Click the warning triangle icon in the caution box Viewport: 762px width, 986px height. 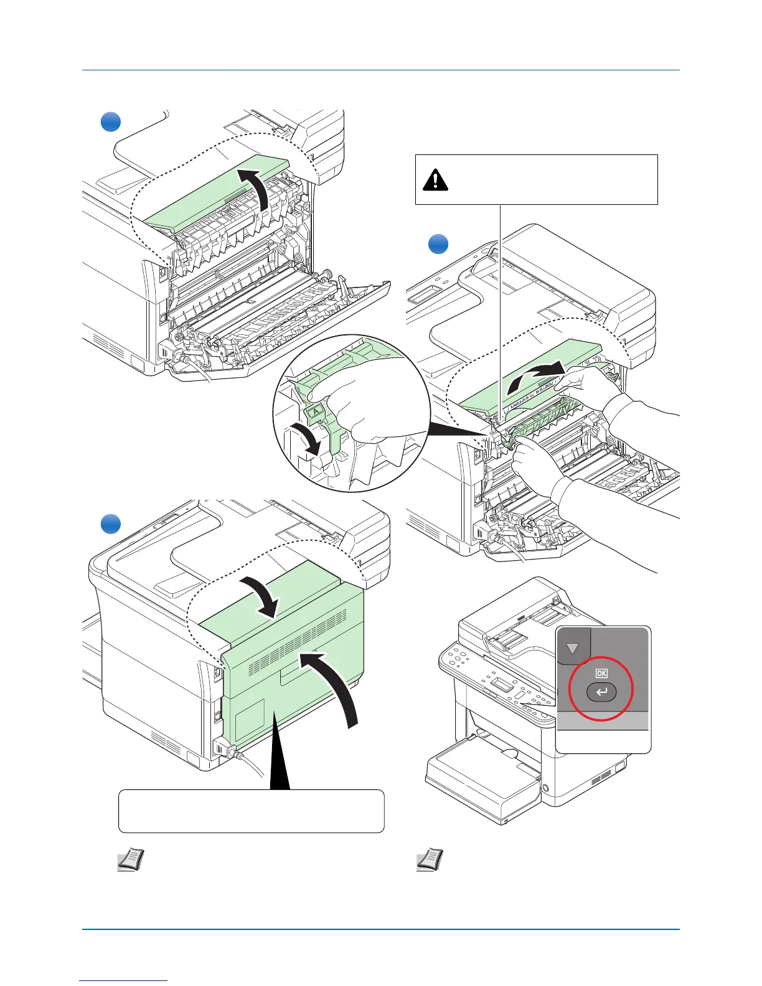pyautogui.click(x=435, y=180)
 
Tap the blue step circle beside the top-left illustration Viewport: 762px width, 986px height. pyautogui.click(x=111, y=121)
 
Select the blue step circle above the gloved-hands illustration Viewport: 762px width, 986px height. pyautogui.click(x=439, y=243)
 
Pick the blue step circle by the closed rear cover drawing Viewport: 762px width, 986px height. pyautogui.click(x=111, y=524)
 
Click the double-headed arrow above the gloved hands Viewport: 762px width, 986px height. pyautogui.click(x=535, y=377)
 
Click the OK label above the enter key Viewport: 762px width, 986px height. pyautogui.click(x=601, y=673)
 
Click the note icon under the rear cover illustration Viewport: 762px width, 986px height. pyautogui.click(x=131, y=860)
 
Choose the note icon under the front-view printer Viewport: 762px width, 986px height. pyautogui.click(x=430, y=860)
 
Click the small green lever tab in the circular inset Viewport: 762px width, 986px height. pyautogui.click(x=315, y=410)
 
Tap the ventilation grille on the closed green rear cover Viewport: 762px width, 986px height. pyautogui.click(x=299, y=641)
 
